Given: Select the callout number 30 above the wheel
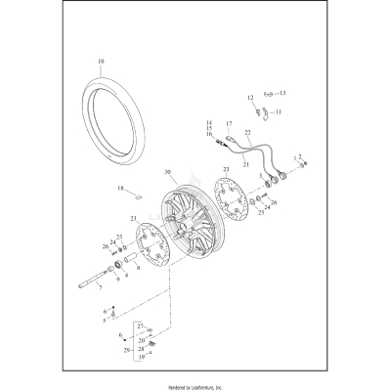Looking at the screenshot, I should [x=167, y=173].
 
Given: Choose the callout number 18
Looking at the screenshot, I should [x=121, y=188].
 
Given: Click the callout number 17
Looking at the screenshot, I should [x=229, y=125].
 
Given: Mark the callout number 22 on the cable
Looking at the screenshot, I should [x=248, y=132].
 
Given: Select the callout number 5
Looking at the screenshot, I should [x=106, y=319].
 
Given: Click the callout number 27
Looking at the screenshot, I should [x=140, y=325].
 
